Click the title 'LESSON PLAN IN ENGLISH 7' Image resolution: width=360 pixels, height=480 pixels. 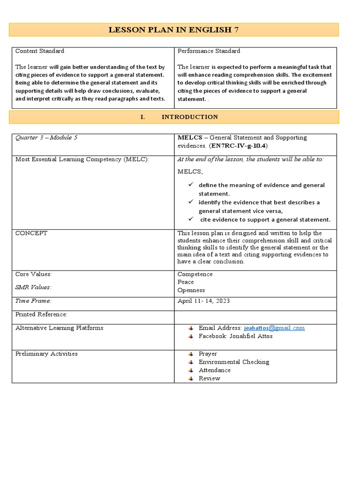[174, 30]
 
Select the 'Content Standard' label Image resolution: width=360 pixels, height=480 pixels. [40, 51]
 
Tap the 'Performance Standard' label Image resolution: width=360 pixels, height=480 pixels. [209, 51]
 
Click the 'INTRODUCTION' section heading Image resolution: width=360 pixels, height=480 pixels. [189, 117]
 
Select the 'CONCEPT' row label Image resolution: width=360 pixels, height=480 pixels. [31, 233]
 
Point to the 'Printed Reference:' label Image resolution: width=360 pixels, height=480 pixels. [41, 315]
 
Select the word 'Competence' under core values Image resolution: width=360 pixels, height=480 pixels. [195, 274]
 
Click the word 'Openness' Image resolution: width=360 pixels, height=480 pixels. [191, 290]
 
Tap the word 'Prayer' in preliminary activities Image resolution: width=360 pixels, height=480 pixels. [208, 354]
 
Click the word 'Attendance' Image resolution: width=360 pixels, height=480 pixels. [214, 370]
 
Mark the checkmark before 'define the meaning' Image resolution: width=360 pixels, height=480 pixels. [191, 185]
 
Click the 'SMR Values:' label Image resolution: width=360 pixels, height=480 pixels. [33, 287]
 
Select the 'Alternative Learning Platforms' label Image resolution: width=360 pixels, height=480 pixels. [59, 328]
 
